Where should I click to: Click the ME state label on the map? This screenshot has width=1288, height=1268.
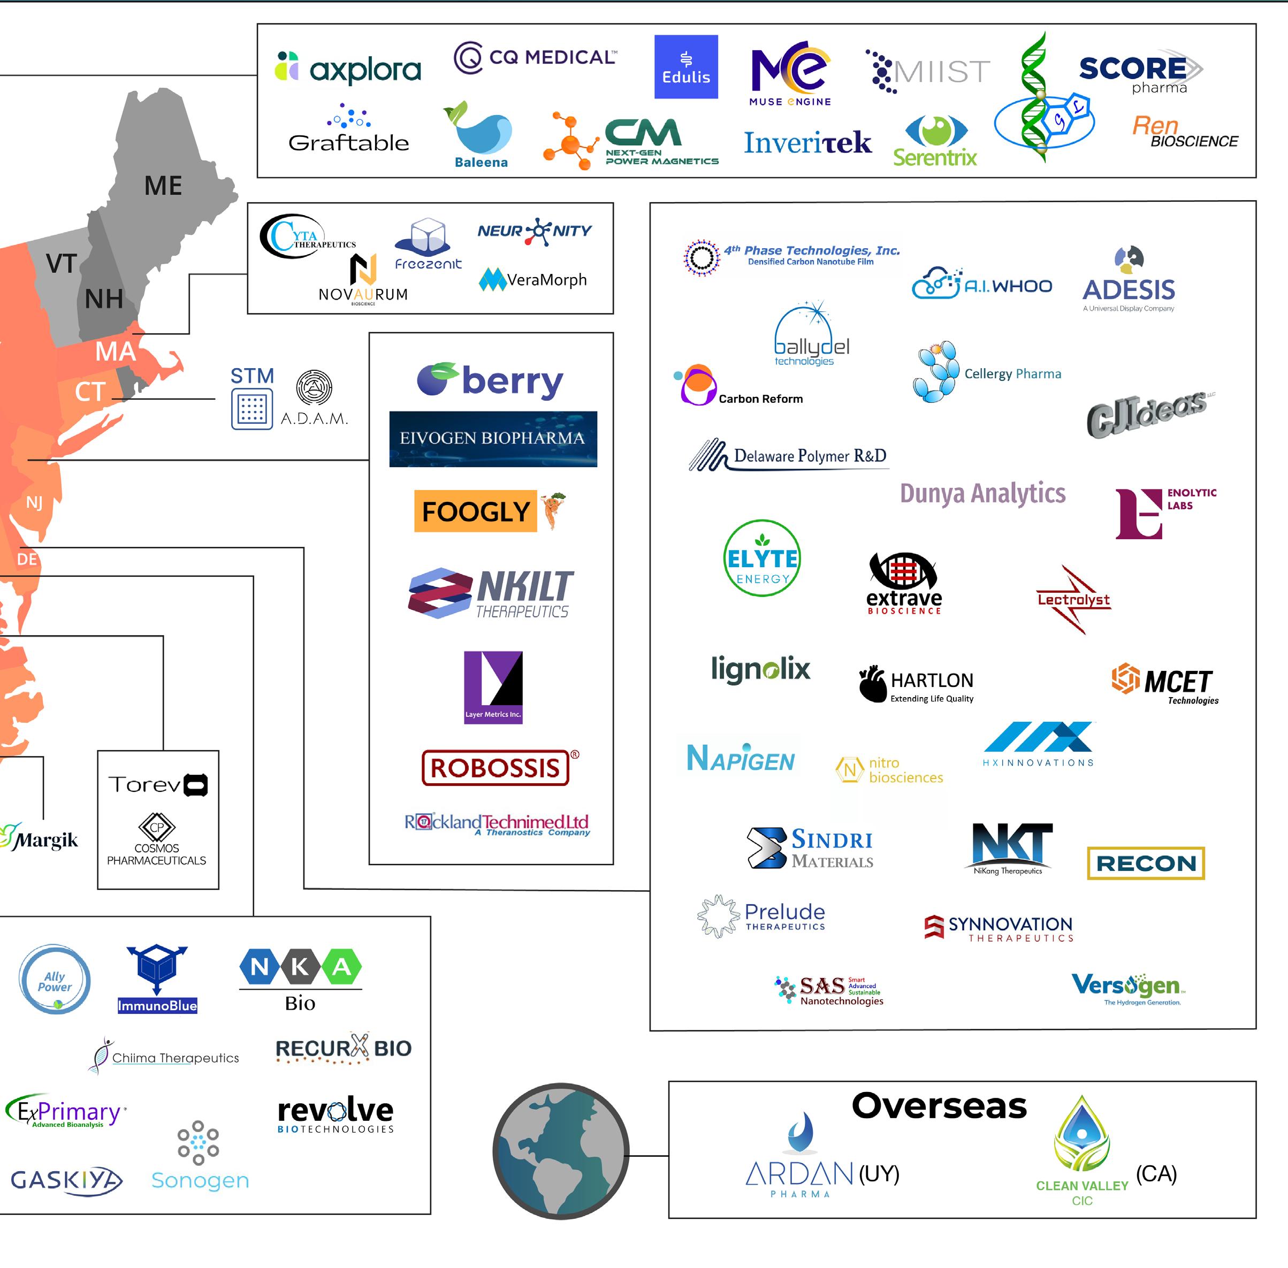(163, 186)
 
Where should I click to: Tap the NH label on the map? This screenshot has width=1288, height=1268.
(104, 299)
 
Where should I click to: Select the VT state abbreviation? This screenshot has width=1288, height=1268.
(62, 264)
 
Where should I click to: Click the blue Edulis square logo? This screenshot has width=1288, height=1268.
(685, 66)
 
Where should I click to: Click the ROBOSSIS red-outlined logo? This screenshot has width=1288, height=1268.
(495, 767)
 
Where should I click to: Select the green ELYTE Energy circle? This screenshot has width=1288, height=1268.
(762, 558)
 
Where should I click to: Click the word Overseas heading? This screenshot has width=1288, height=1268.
(939, 1106)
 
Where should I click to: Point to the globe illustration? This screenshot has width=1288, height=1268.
(560, 1151)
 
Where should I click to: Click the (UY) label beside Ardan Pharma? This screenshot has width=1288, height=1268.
(879, 1173)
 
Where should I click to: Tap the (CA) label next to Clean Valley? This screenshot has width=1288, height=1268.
(1156, 1173)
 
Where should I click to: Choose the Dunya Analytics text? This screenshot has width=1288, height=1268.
(982, 493)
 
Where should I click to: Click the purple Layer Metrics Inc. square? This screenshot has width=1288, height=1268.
(493, 686)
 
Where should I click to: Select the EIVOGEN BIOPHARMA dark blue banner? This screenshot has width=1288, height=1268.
(493, 438)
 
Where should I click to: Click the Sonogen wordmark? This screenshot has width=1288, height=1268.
(200, 1180)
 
